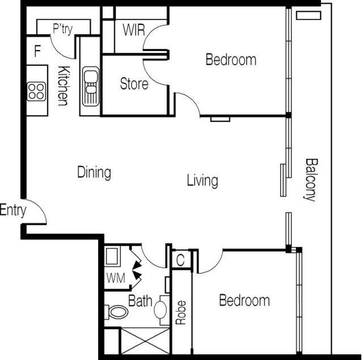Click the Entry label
13,210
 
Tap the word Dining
94,173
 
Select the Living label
202,181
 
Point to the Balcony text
310,180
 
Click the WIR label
134,30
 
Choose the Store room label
134,83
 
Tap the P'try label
63,29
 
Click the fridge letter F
37,51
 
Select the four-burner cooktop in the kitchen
36,91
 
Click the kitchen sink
91,86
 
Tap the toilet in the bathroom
116,312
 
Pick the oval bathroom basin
161,310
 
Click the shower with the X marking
145,341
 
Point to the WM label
116,278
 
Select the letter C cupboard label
180,260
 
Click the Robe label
181,312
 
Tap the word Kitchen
64,86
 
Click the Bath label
140,300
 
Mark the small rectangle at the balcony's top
309,15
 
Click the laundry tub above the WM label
112,257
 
